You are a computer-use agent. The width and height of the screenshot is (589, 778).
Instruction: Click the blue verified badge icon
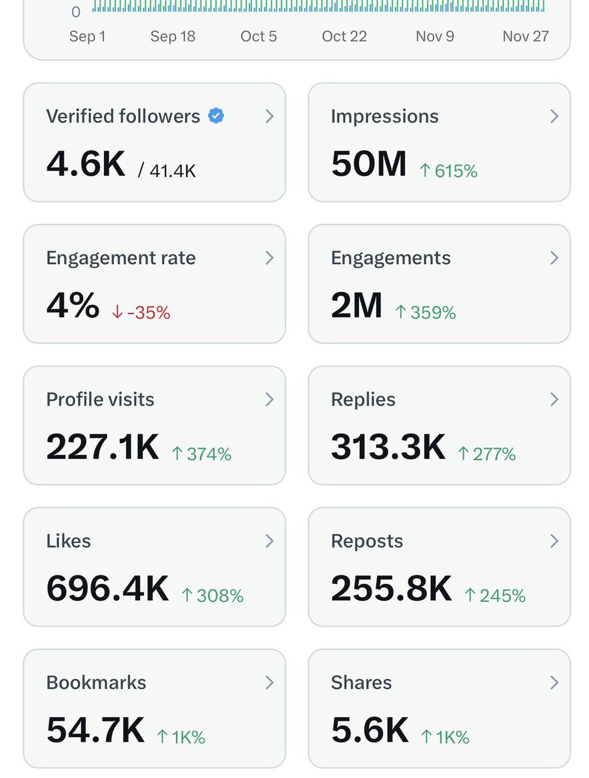click(x=216, y=116)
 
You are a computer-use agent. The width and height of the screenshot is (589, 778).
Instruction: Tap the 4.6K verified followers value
click(x=86, y=164)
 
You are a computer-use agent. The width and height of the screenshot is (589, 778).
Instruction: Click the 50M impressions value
click(x=368, y=164)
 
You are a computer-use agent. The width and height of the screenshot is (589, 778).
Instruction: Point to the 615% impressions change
click(x=449, y=171)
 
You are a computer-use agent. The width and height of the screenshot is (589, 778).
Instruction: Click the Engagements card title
click(x=390, y=258)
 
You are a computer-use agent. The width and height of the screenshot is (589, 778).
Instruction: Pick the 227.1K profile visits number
click(x=103, y=446)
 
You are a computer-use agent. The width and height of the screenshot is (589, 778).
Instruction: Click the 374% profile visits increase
click(x=201, y=454)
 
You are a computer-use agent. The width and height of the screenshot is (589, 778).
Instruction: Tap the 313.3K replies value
click(x=388, y=446)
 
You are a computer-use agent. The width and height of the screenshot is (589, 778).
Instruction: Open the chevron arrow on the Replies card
click(x=554, y=399)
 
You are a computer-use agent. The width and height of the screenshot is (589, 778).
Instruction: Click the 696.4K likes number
click(x=107, y=588)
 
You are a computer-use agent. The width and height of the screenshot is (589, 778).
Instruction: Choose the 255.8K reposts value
click(x=391, y=588)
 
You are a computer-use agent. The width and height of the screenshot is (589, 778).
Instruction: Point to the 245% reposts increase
click(x=495, y=596)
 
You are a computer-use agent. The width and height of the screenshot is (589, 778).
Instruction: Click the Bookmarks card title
click(x=96, y=682)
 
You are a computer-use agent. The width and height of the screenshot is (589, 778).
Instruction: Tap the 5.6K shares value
click(x=370, y=730)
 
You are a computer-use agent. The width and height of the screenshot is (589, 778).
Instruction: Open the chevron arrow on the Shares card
click(x=554, y=682)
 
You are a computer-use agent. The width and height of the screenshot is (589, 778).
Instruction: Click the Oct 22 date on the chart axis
click(x=344, y=36)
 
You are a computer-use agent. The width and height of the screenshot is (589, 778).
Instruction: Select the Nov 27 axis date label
click(x=525, y=36)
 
